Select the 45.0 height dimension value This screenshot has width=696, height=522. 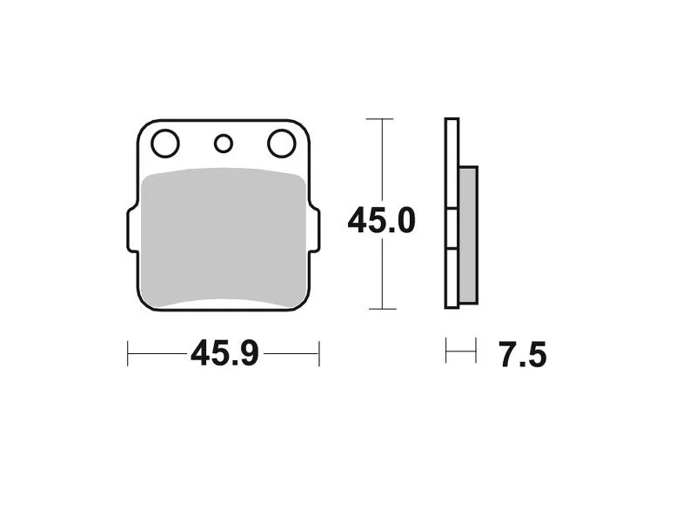(382, 221)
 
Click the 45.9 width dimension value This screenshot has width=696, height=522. (224, 354)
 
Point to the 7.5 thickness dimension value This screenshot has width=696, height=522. (523, 355)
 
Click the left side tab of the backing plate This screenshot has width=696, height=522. (133, 230)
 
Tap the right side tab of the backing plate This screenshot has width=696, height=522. (314, 230)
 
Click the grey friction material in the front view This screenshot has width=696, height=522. (224, 238)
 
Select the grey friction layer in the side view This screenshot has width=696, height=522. (468, 235)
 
